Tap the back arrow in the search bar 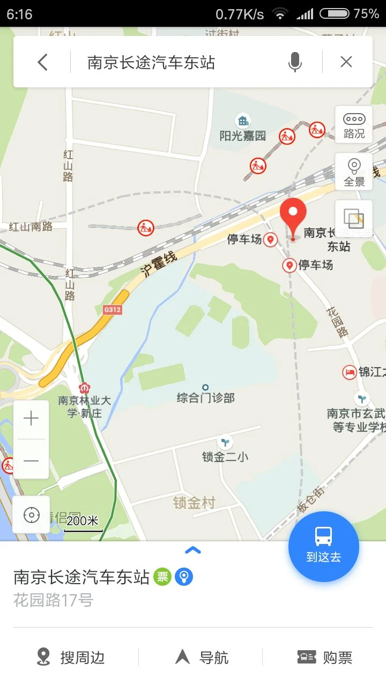43,62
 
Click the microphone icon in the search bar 294,62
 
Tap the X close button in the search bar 346,62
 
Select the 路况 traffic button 354,125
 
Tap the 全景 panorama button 354,171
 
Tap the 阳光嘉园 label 243,135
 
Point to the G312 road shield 113,310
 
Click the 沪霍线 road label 159,264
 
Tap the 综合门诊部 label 206,398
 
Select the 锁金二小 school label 225,457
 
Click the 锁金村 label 194,503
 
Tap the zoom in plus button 31,419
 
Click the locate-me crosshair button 31,515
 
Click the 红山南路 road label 31,226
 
